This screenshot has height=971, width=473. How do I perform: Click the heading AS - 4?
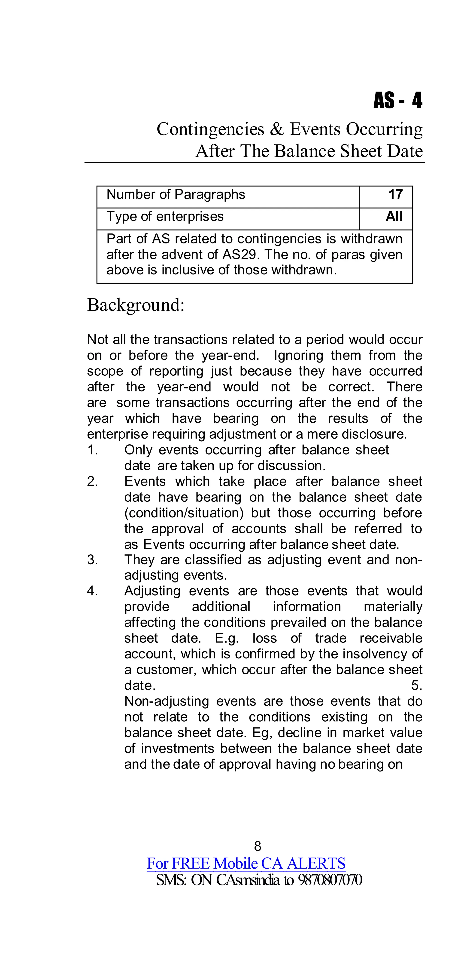click(x=398, y=101)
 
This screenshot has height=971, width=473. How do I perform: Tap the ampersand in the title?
click(x=277, y=129)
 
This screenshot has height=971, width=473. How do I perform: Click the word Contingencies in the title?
click(x=210, y=129)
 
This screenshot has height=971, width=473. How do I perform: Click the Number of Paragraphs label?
click(x=176, y=194)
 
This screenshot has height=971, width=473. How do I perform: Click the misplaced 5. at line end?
click(x=416, y=685)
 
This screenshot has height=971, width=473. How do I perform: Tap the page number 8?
click(x=258, y=846)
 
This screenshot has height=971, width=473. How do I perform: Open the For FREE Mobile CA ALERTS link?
click(x=246, y=863)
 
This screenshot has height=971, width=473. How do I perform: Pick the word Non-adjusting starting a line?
click(x=167, y=701)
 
